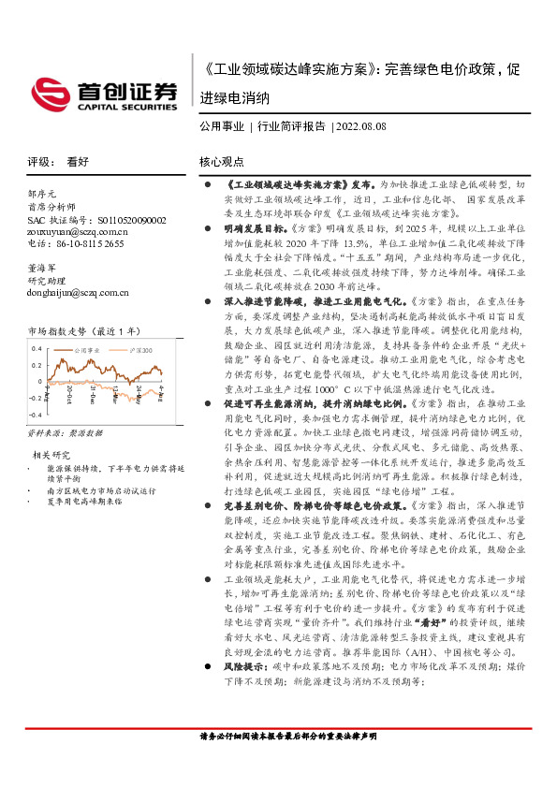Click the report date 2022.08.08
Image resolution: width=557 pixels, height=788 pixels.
point(360,124)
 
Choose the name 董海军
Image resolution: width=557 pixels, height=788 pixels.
point(42,267)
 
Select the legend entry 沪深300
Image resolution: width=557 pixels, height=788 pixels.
point(138,346)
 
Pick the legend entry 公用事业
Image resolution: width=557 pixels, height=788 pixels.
point(86,346)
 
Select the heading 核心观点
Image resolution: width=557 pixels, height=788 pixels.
point(221,161)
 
